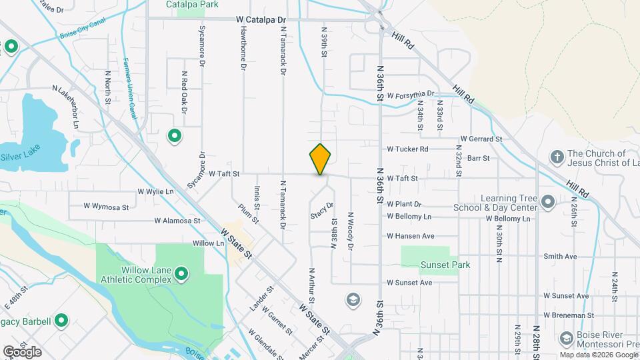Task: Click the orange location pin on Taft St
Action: tap(320, 159)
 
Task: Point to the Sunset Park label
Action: tap(445, 265)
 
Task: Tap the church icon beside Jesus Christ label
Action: tap(557, 157)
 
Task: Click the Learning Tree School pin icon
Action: tap(548, 201)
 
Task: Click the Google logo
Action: tap(22, 351)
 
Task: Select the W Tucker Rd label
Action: tap(407, 149)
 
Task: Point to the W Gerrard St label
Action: tap(481, 139)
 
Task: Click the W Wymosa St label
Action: tap(105, 207)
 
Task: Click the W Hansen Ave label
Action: tap(411, 236)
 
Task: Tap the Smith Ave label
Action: tap(560, 256)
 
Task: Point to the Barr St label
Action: tap(479, 158)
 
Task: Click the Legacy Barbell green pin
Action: tap(61, 321)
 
